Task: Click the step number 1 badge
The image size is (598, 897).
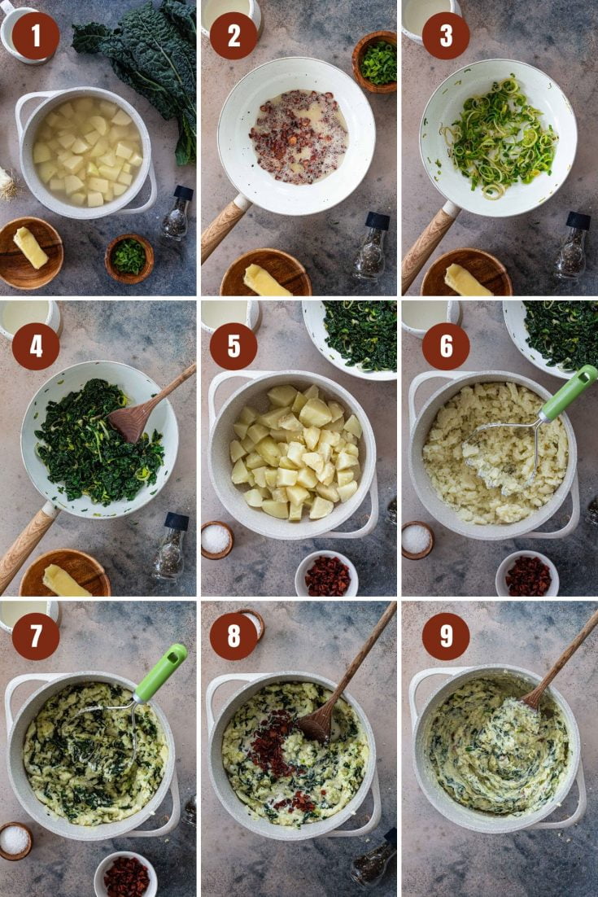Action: pyautogui.click(x=35, y=36)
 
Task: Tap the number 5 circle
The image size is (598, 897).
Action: pyautogui.click(x=234, y=346)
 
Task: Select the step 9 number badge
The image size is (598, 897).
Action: pyautogui.click(x=446, y=636)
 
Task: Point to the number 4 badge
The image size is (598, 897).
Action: pyautogui.click(x=35, y=346)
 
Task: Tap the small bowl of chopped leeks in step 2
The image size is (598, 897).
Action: pyautogui.click(x=376, y=62)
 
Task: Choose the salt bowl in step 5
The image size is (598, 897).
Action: pyautogui.click(x=216, y=539)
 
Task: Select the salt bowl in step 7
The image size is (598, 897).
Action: pyautogui.click(x=15, y=840)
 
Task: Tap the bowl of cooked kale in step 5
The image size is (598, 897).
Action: pyautogui.click(x=359, y=334)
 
